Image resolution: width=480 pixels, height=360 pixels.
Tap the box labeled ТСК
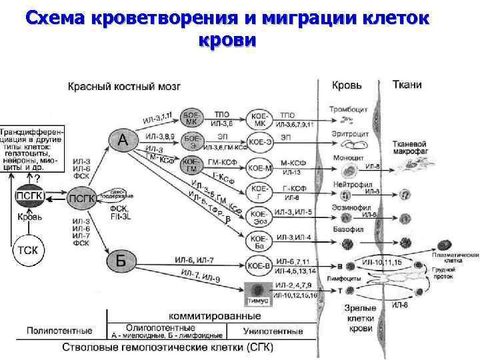[x=27, y=251]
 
